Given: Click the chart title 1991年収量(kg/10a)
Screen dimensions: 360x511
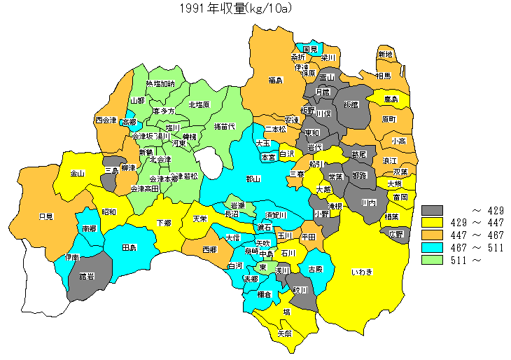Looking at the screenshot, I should point(235,8).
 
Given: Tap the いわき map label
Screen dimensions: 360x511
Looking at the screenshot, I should point(363,271).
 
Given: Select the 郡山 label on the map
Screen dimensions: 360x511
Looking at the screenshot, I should point(253,179).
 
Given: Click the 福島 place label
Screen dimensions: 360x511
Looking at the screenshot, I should point(275,81).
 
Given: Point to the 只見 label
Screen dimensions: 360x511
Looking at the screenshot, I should point(46,216).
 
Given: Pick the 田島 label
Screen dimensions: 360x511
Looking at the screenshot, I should point(129,248).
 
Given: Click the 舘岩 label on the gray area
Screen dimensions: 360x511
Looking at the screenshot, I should point(87,276).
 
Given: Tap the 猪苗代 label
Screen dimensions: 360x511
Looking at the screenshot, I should point(224,126).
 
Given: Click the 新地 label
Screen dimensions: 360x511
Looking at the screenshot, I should point(385,54).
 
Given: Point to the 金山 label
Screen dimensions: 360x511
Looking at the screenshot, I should point(77,173).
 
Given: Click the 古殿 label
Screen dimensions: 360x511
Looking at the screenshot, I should point(316,269).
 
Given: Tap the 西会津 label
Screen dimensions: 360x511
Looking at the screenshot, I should point(106,120).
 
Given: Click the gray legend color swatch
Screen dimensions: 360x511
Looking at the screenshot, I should point(433,210).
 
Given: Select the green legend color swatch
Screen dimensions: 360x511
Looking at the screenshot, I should point(433,260).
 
